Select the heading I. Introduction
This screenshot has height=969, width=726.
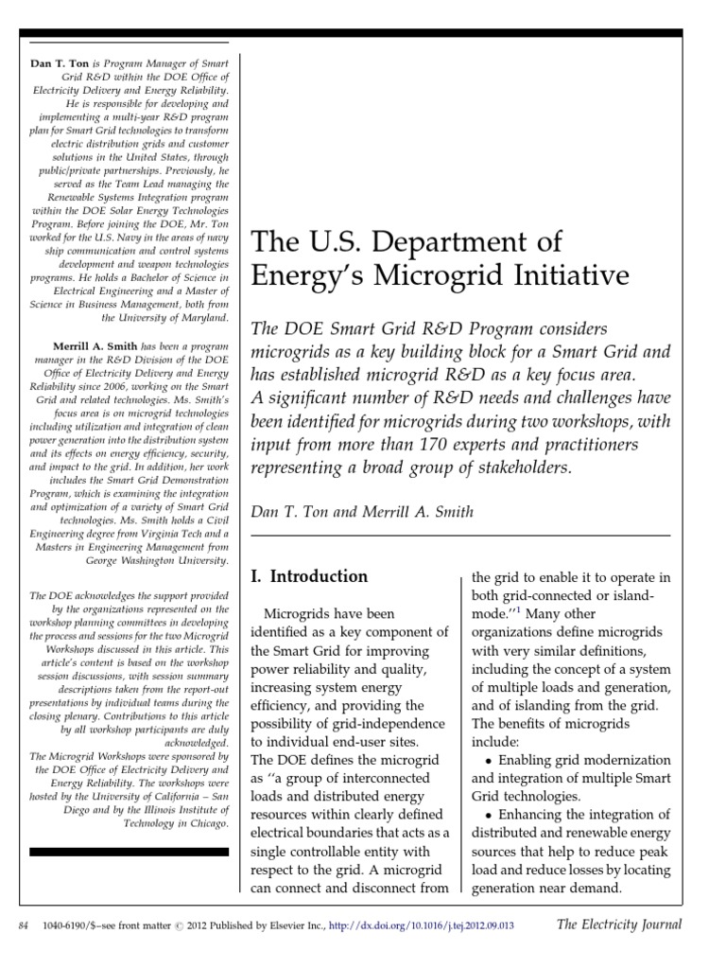[307, 575]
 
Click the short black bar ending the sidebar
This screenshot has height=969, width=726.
[129, 852]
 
